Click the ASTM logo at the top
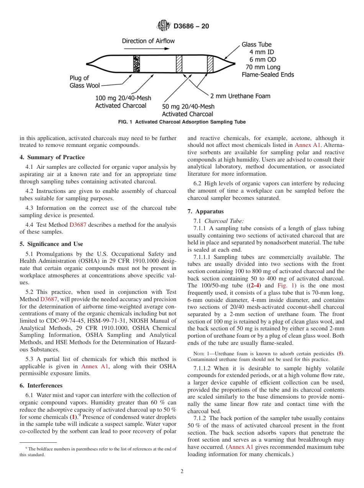click(164, 26)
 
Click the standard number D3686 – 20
click(191, 26)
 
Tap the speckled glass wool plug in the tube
click(136, 64)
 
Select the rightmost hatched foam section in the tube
click(210, 64)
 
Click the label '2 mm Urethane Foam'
click(240, 96)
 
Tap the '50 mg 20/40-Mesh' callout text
click(188, 106)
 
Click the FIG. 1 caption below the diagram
click(182, 122)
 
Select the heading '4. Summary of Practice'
click(52, 157)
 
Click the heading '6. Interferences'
click(41, 386)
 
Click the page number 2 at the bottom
click(182, 472)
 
